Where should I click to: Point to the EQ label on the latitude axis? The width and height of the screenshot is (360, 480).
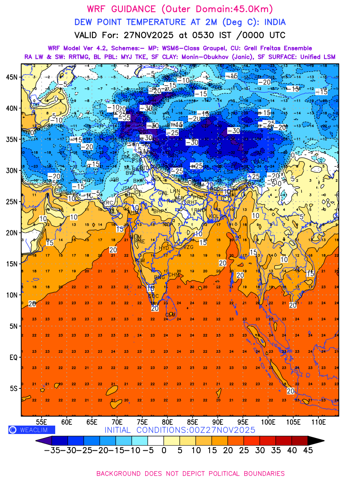click(x=13, y=357)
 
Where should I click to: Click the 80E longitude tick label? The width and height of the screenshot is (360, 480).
click(x=168, y=422)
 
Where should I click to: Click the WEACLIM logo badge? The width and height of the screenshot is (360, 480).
click(x=32, y=430)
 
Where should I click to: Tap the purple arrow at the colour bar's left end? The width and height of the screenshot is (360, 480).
click(x=44, y=440)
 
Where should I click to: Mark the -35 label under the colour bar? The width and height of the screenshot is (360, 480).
click(x=52, y=450)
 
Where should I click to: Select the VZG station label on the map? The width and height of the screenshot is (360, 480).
click(x=188, y=247)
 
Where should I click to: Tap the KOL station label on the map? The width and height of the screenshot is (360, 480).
click(x=215, y=216)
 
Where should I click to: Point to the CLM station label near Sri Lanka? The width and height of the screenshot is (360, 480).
click(x=170, y=315)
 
